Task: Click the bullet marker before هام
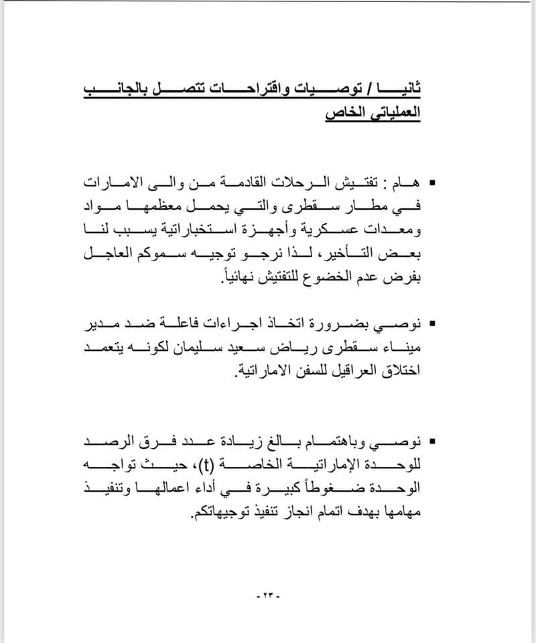(431, 182)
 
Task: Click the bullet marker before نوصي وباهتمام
(431, 441)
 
